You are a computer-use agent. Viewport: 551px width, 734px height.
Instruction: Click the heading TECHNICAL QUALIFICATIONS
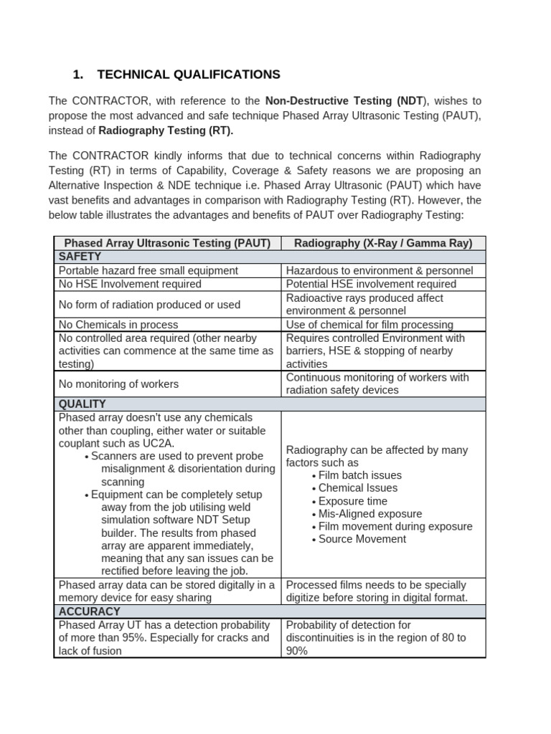[x=188, y=75]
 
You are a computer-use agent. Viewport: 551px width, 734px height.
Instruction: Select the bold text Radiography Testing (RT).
[x=165, y=131]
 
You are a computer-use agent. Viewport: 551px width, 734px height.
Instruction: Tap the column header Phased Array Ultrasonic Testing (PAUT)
[x=167, y=243]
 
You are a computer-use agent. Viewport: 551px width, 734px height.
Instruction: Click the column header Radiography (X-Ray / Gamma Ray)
[x=383, y=243]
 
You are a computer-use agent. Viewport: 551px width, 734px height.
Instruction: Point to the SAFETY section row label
[x=80, y=257]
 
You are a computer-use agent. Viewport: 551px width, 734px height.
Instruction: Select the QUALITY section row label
[x=83, y=404]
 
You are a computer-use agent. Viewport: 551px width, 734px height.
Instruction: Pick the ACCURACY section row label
[x=89, y=611]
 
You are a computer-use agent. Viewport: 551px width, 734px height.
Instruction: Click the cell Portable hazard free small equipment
[x=149, y=270]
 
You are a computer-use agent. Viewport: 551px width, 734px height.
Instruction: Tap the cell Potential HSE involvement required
[x=371, y=284]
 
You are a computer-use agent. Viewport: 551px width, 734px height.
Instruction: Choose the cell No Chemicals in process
[x=118, y=325]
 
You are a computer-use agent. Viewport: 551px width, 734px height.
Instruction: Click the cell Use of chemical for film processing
[x=369, y=325]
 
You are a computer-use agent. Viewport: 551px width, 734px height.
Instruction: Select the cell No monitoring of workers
[x=118, y=384]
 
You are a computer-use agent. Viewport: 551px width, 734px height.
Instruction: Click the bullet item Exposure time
[x=353, y=501]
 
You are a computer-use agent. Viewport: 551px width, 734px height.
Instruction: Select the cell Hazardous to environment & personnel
[x=380, y=270]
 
